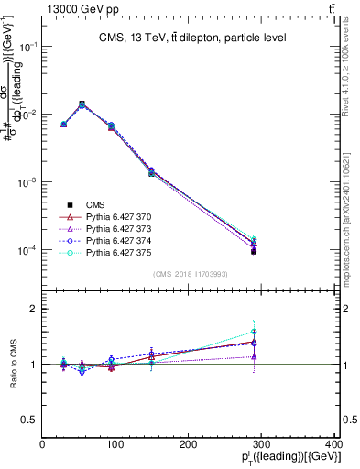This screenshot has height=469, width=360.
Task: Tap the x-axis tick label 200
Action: [188, 445]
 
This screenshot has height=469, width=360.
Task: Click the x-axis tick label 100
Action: [115, 445]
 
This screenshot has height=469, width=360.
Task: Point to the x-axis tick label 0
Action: [43, 445]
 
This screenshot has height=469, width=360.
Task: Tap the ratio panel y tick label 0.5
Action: [29, 420]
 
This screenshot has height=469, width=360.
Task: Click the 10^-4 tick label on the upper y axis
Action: [27, 250]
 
